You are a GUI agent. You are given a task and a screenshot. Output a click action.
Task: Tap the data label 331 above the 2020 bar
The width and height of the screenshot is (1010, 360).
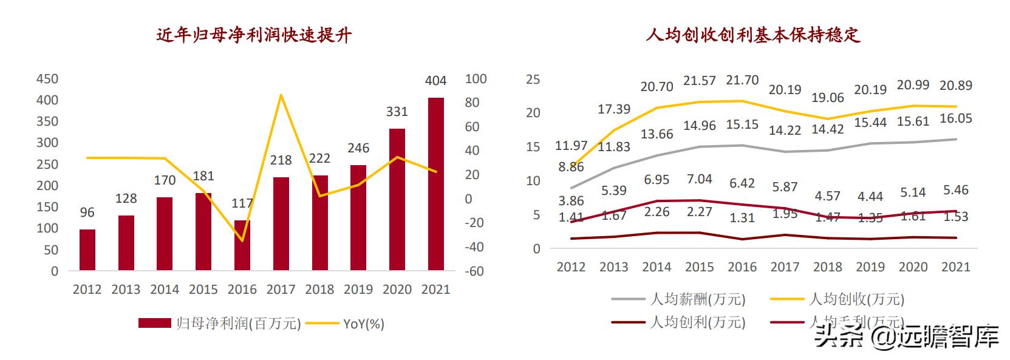pos(397,112)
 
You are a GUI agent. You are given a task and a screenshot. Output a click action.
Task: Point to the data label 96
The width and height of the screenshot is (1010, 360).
pos(87,212)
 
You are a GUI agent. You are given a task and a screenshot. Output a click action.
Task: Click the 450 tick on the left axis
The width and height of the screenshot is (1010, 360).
pos(47,79)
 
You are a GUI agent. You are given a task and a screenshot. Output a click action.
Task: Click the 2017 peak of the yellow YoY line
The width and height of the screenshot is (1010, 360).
pos(281,95)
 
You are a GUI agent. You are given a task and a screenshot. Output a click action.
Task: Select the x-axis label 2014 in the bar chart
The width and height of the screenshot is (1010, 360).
pos(165,290)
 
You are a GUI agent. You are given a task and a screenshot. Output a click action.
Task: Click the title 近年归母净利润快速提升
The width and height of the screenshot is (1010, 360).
pos(254,35)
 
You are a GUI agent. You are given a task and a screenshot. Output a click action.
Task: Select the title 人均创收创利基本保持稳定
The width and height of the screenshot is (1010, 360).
pos(753,35)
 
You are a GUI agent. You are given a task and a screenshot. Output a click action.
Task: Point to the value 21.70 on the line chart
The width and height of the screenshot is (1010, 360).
pos(742,80)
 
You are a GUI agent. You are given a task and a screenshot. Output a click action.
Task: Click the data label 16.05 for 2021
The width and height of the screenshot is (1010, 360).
pos(956,119)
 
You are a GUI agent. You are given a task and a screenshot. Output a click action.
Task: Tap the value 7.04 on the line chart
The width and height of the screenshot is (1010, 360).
pos(699,179)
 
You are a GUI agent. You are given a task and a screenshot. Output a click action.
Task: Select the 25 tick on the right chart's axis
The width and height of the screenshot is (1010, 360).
pos(533,79)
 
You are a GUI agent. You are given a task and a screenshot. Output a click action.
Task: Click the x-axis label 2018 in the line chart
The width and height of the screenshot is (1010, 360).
pos(828,267)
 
